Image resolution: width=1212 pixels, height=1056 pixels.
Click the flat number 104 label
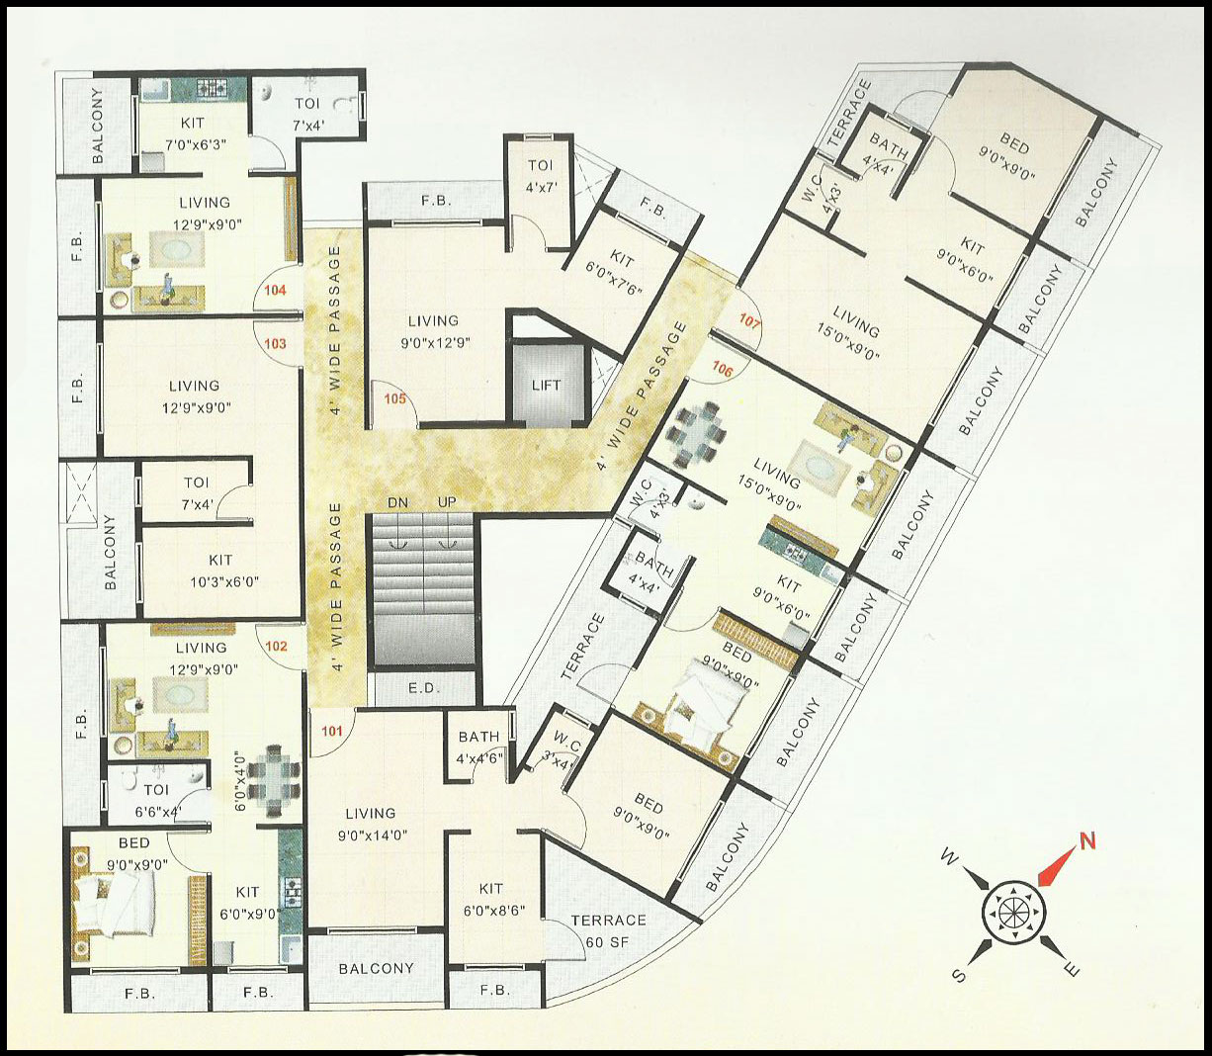(276, 291)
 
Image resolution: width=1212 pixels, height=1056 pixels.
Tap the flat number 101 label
(332, 733)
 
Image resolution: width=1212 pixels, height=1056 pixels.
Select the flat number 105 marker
(395, 399)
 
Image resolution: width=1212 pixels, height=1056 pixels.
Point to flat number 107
(750, 320)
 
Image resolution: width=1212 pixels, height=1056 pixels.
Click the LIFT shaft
(546, 385)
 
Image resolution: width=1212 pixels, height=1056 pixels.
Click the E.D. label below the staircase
(425, 688)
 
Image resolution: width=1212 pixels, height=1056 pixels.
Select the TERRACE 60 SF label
(608, 930)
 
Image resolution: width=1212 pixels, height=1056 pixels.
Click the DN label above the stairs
(398, 502)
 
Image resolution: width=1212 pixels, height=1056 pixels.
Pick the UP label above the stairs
(447, 502)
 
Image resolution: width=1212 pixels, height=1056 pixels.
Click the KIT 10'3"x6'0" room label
(220, 571)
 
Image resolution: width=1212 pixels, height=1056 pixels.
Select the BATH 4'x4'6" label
(478, 746)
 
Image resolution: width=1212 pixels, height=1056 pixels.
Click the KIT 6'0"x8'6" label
(490, 899)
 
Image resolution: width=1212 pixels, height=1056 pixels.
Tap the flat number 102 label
(277, 647)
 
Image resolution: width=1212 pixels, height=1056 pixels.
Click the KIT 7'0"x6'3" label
(193, 132)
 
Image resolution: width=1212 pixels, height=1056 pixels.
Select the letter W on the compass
(947, 857)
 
